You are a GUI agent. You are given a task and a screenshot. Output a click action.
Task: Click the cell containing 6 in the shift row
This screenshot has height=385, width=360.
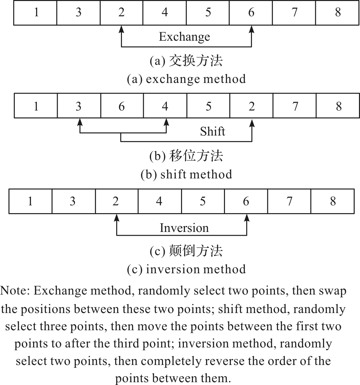click(122, 106)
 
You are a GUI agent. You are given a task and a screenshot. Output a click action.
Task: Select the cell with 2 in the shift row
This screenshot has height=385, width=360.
click(251, 106)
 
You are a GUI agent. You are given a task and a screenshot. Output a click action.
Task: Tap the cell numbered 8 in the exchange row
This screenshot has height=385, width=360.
click(337, 13)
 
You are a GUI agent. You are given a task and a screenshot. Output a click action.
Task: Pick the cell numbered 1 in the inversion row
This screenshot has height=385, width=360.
click(30, 201)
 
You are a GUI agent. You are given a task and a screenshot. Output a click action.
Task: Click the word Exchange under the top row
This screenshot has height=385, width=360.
click(184, 37)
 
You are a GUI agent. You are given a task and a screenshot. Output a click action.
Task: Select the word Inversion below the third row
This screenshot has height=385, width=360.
click(184, 228)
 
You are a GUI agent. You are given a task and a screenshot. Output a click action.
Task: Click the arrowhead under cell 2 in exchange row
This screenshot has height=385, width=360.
click(121, 29)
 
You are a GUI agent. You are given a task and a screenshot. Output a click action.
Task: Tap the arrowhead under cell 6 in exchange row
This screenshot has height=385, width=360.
click(252, 29)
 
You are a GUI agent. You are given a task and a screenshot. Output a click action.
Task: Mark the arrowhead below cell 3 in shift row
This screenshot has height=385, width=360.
click(80, 122)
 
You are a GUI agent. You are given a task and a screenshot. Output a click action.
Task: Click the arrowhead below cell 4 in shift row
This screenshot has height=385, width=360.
click(166, 122)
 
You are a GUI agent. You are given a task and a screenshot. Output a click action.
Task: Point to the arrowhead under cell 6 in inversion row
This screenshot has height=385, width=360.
click(247, 218)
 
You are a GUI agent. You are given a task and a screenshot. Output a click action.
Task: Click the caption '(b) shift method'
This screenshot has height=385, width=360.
click(186, 174)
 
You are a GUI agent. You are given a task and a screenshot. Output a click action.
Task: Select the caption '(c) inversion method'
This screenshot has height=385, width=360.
click(186, 269)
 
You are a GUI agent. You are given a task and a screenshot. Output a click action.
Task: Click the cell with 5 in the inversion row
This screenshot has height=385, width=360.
click(203, 201)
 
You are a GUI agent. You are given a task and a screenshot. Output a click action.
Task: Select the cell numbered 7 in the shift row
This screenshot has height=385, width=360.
click(295, 106)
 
